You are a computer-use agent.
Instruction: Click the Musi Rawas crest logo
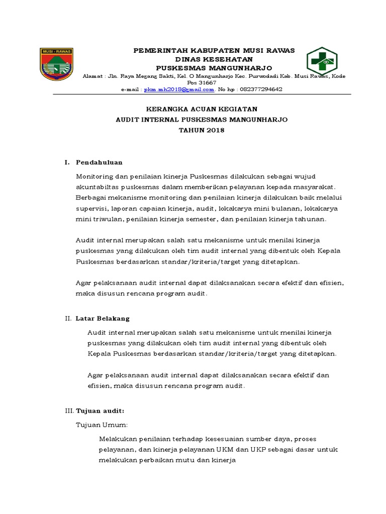coord(57,64)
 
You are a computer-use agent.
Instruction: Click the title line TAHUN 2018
coord(202,130)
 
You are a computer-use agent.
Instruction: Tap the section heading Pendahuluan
coord(99,163)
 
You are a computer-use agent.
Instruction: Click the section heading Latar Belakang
coord(103,318)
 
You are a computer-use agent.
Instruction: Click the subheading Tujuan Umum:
coord(102,425)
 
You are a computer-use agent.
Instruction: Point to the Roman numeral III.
coord(69,411)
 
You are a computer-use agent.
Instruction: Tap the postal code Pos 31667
coord(202,82)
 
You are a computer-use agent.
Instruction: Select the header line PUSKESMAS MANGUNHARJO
coord(214,67)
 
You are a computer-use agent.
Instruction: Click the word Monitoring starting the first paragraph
coord(94,177)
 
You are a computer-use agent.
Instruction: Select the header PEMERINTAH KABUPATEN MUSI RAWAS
coord(214,50)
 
